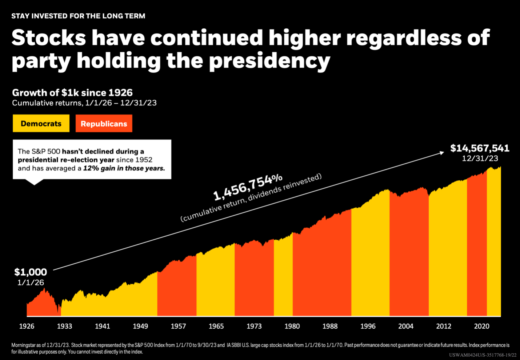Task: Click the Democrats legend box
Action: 41,124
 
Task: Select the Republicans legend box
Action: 104,124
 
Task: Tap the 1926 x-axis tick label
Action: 27,326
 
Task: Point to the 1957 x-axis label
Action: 178,326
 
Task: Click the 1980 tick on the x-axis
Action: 292,326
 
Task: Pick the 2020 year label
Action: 481,326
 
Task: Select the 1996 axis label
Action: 368,326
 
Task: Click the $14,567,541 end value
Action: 480,148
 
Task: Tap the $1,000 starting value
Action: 31,272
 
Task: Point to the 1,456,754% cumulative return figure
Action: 248,187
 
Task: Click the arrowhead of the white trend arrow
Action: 442,153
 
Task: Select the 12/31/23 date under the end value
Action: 480,159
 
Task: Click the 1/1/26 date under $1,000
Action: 31,283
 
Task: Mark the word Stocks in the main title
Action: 49,38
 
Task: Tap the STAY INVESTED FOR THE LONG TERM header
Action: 78,16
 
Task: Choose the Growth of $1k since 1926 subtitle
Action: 72,92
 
